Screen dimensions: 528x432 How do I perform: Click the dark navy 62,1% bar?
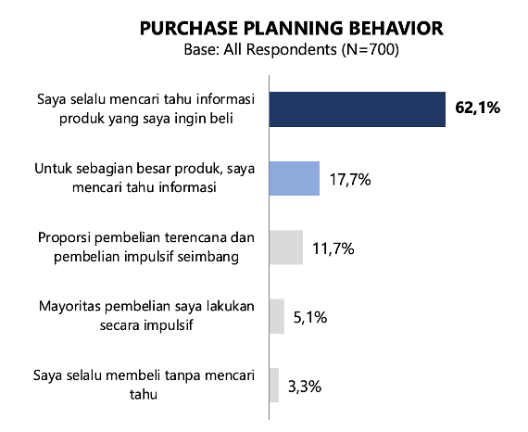point(358,109)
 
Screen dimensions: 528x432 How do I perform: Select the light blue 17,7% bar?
point(295,178)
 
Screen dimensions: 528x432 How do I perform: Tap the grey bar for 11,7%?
point(286,248)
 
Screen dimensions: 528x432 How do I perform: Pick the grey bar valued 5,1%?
point(277,316)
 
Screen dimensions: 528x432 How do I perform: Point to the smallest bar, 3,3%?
point(274,385)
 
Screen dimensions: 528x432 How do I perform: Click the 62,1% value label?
point(477,108)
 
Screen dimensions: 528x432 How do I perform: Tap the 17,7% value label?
point(350,180)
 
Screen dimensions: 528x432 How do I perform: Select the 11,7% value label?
point(333,248)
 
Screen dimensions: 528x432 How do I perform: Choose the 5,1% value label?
point(310,317)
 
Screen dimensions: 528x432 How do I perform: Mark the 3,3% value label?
point(305,387)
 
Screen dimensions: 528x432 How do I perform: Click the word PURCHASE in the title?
point(189,29)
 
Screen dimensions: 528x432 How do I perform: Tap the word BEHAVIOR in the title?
point(396,29)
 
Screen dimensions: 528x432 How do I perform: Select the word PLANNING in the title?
point(293,29)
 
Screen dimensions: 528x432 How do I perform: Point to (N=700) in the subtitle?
point(371,50)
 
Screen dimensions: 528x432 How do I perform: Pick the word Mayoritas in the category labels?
point(69,307)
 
